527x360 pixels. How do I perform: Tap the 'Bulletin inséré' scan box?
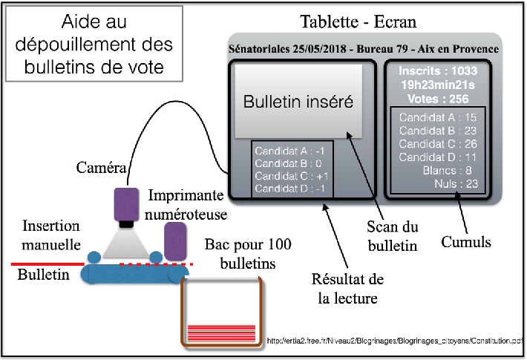(298, 102)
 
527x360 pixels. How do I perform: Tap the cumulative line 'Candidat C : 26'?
(438, 143)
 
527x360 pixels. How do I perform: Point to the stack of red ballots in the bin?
(221, 332)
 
